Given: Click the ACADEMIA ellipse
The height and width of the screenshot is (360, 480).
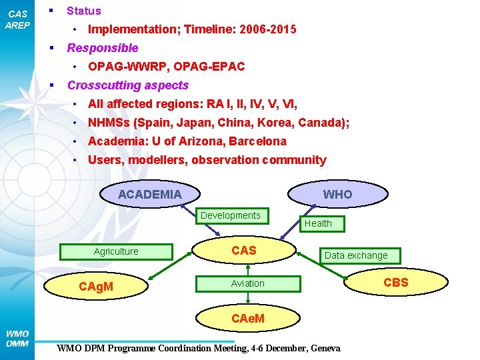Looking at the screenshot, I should (150, 194).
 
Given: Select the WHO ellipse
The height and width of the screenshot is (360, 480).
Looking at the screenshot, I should (337, 194).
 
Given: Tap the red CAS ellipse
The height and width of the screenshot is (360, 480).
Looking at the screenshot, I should (244, 251).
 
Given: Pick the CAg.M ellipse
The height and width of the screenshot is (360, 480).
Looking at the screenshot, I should (96, 287).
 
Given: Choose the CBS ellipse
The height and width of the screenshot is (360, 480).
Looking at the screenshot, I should (396, 283).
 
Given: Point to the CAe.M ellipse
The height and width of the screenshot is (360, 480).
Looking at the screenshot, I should (248, 318).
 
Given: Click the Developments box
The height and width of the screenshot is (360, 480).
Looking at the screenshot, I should (231, 215).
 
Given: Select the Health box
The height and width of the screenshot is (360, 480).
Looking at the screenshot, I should (318, 223).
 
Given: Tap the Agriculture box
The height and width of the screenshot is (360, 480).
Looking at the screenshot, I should (117, 251).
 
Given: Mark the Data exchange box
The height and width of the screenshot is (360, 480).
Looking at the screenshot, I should (356, 255).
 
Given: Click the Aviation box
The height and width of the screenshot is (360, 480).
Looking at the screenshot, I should (248, 283).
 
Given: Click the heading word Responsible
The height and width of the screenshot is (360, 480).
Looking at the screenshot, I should (103, 48).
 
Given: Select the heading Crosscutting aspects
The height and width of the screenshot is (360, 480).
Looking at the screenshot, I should (128, 85).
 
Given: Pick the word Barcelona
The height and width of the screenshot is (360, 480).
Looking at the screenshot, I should (257, 141).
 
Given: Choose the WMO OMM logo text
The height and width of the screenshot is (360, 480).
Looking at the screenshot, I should (17, 339).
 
